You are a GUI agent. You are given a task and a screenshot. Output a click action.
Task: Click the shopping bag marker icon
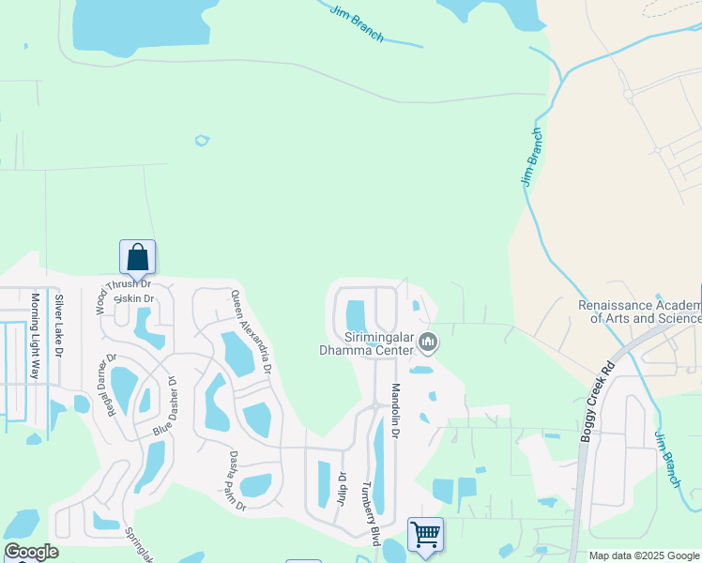(137, 256)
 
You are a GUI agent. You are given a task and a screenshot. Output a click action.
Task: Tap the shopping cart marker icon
(425, 534)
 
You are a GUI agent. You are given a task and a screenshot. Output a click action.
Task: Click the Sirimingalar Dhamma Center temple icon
(428, 342)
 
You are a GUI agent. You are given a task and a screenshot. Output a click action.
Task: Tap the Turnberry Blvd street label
(373, 514)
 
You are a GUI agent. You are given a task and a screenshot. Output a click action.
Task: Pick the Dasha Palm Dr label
(237, 480)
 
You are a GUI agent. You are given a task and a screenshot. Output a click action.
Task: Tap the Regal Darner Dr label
(105, 384)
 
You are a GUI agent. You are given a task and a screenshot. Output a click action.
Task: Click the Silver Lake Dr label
(58, 326)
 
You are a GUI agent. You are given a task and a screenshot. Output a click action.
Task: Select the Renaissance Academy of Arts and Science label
(639, 312)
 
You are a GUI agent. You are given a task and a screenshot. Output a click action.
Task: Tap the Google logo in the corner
(31, 552)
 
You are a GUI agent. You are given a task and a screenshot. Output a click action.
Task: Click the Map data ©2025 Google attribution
(645, 556)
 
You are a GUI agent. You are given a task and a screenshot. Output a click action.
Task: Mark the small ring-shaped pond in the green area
(201, 141)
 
